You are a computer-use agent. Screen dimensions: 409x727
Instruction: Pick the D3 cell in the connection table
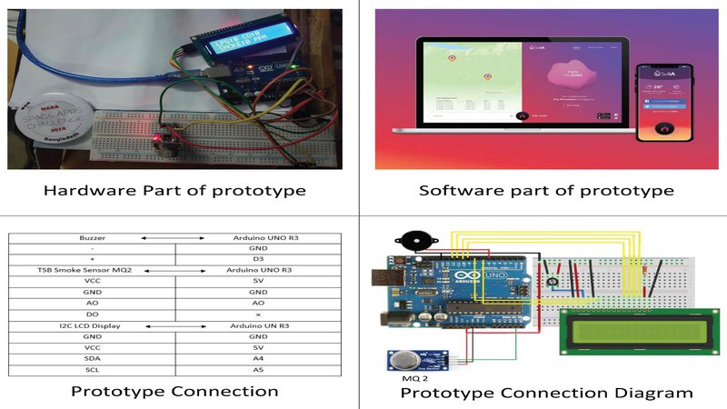(x=258, y=259)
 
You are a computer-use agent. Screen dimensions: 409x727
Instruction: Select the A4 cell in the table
(x=258, y=359)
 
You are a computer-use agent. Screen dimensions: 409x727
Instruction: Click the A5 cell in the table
(x=258, y=371)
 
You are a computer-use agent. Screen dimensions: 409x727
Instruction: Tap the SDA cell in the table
(x=91, y=359)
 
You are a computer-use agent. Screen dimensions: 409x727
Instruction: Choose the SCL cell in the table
(x=91, y=371)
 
